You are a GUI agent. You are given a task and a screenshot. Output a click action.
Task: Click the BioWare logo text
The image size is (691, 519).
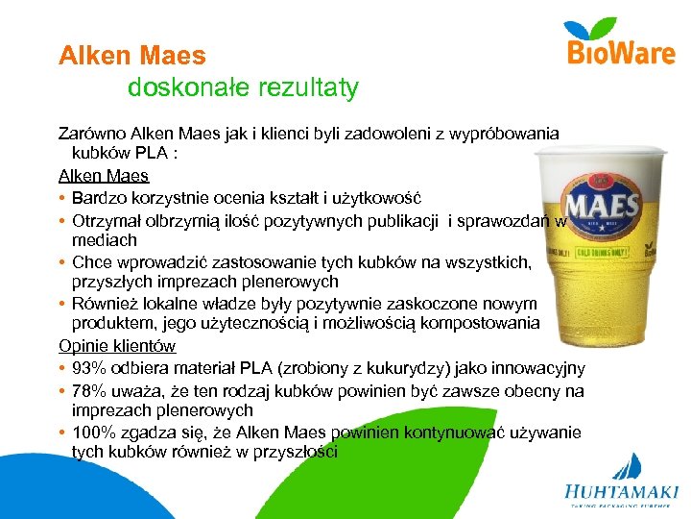[x=621, y=53]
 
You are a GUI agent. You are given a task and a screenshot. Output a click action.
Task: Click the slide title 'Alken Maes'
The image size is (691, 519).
[x=132, y=57]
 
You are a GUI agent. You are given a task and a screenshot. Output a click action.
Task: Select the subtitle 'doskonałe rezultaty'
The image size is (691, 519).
[x=243, y=88]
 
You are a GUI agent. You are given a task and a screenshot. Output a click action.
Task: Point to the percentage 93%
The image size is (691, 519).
[x=90, y=368]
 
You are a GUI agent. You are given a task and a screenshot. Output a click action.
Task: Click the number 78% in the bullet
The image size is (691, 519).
[x=90, y=389]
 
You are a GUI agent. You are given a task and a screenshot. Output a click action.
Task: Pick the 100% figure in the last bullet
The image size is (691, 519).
[x=95, y=432]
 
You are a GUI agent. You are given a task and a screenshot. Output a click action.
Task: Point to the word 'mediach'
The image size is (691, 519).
[x=104, y=239]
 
